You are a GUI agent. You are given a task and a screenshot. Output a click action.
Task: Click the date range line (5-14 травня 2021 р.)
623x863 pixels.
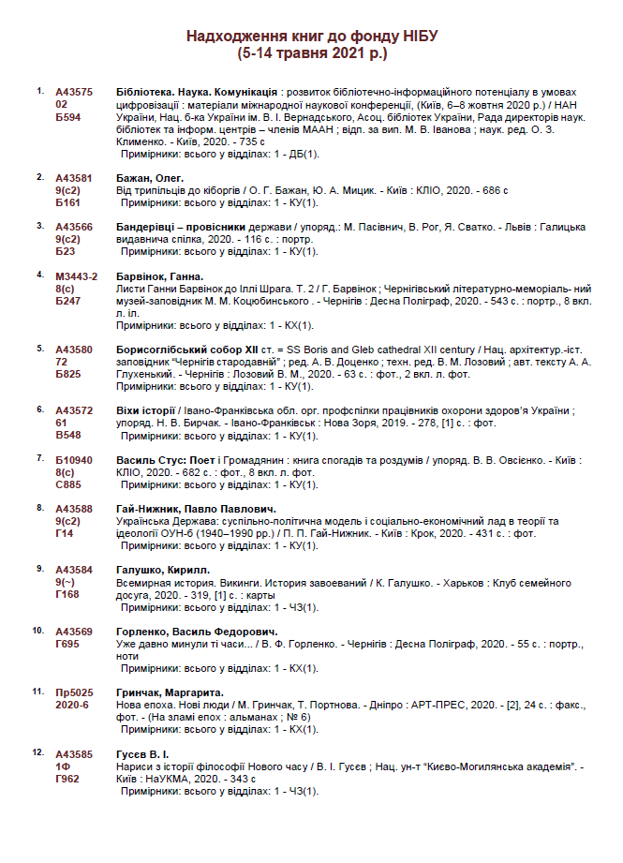(x=312, y=54)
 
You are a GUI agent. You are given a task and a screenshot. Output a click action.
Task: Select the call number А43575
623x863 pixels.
(x=74, y=94)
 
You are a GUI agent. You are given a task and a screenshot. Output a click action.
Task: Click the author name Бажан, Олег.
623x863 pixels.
(x=150, y=178)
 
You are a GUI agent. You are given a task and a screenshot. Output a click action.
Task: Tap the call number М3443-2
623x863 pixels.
(x=77, y=276)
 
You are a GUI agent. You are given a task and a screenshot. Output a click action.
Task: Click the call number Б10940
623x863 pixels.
(x=75, y=460)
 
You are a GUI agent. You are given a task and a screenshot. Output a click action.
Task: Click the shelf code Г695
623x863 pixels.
(x=68, y=643)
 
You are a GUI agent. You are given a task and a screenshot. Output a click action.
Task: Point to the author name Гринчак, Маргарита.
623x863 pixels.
(x=169, y=692)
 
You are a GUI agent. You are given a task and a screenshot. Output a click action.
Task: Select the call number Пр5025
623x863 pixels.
(x=75, y=692)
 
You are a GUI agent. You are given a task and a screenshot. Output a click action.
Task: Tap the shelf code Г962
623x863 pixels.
(x=68, y=778)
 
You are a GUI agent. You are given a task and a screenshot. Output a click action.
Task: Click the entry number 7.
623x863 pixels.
(x=39, y=458)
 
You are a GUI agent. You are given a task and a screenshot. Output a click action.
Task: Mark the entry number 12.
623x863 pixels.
(x=38, y=751)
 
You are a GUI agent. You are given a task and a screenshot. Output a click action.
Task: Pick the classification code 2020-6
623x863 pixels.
(x=72, y=704)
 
